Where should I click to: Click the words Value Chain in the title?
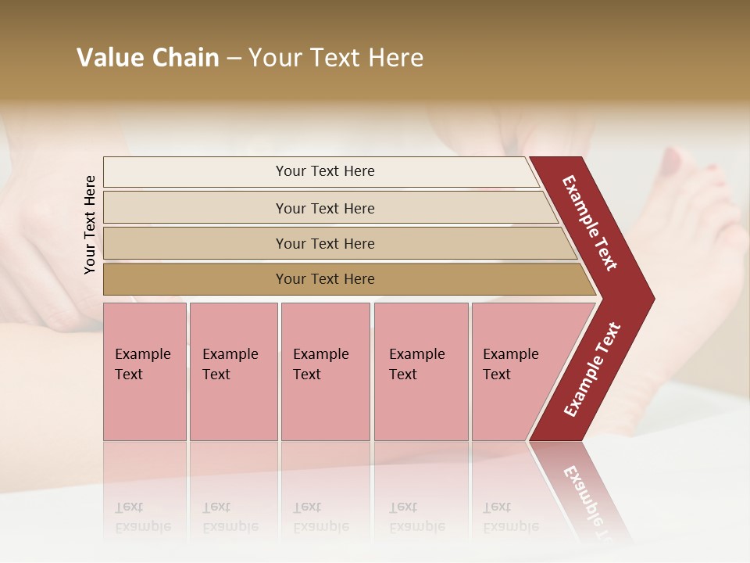point(148,58)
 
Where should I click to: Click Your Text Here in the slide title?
point(336,58)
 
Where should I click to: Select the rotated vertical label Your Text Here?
point(90,225)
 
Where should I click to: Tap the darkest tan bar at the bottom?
point(195,279)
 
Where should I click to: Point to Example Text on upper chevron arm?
point(590,223)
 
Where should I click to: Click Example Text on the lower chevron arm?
point(592,369)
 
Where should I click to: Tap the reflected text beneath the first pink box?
point(142,517)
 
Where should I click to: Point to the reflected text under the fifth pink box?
point(511,517)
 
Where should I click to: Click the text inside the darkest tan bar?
point(325,279)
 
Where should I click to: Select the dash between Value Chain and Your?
point(234,59)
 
